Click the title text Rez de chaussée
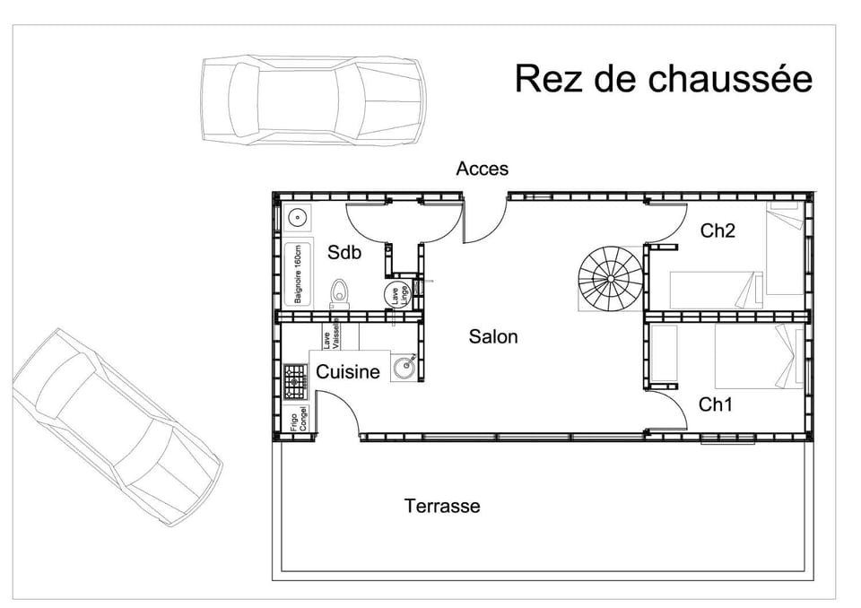664,79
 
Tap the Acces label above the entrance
483,169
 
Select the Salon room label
493,336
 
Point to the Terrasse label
442,505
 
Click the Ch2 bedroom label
717,230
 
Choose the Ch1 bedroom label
716,404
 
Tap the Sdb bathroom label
344,252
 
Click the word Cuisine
348,371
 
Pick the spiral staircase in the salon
611,279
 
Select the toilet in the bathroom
339,294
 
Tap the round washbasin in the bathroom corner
298,218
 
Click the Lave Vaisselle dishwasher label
332,334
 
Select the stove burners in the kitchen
295,381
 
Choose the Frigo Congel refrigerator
297,419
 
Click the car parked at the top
313,100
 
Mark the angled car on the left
117,427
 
